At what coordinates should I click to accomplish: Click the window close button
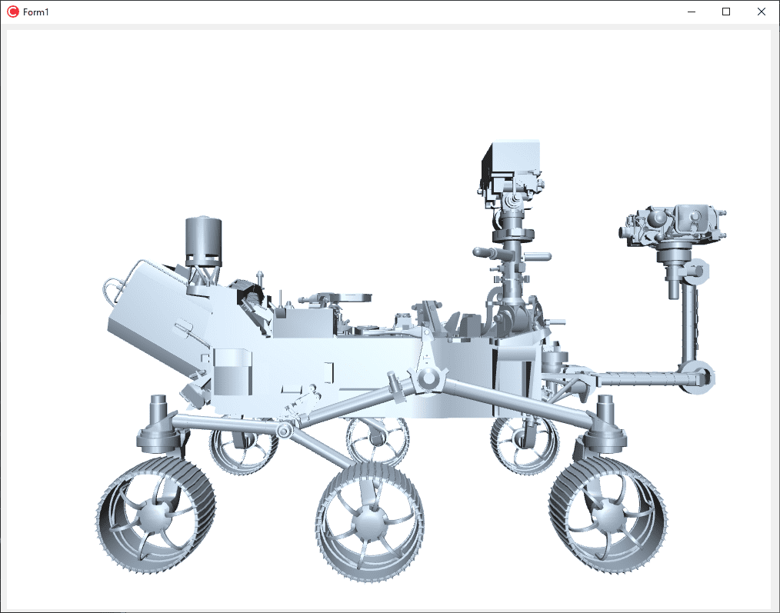(761, 12)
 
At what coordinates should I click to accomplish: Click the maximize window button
(726, 12)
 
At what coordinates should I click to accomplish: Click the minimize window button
(692, 12)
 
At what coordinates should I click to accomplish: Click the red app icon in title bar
(13, 12)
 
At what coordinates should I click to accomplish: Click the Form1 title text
(36, 12)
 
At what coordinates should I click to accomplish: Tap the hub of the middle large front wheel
(369, 522)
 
